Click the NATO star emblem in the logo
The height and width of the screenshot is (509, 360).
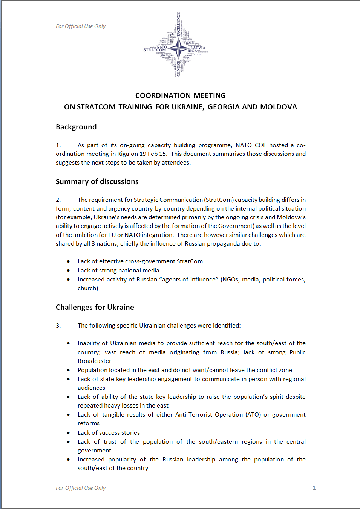click(x=178, y=48)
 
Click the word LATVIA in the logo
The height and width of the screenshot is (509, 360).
click(x=198, y=48)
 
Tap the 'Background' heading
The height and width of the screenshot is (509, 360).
click(x=76, y=127)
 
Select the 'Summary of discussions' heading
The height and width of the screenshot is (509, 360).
click(x=97, y=181)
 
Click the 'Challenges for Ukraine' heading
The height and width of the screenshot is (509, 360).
click(x=95, y=307)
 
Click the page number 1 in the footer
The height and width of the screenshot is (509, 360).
click(x=314, y=487)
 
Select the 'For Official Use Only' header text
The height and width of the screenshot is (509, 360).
click(x=81, y=26)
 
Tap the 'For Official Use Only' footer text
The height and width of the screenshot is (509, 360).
click(x=81, y=488)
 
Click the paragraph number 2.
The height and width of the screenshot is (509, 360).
click(x=58, y=200)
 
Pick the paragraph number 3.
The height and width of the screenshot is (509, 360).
click(x=58, y=325)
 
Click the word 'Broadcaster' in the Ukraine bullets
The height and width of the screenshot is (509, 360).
click(x=94, y=361)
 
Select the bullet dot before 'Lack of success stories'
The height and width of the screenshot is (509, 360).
click(x=68, y=433)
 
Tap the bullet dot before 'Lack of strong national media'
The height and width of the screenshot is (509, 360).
click(x=68, y=271)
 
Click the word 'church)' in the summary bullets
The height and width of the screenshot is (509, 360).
click(x=88, y=288)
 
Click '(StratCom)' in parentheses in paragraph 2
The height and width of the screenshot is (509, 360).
click(x=219, y=200)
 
